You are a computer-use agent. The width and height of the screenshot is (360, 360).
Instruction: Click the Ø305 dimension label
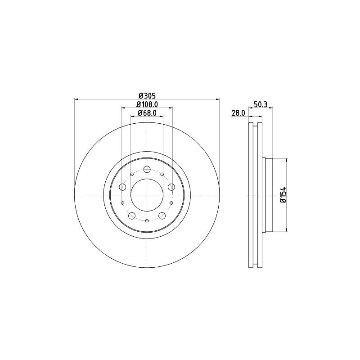pos(147,95)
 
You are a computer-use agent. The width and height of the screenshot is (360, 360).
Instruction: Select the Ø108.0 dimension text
pos(147,104)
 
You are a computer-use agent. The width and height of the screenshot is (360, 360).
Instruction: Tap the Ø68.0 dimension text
pos(147,112)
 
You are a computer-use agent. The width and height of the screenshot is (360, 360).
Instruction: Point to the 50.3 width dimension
pos(261,104)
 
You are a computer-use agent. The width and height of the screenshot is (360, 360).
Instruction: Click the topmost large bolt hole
pos(147,169)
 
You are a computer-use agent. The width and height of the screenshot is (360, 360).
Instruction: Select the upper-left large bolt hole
pos(123,187)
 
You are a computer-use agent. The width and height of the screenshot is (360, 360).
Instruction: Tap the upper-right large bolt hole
pos(171,187)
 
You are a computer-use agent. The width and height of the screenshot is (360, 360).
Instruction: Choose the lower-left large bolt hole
pos(132,216)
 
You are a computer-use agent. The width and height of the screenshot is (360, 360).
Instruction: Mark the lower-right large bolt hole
pos(162,216)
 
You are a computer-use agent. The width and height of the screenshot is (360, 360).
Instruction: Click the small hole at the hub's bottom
pos(147,220)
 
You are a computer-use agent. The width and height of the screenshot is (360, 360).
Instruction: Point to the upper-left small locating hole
pos(132,174)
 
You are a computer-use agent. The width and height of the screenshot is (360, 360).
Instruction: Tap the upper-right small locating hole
pos(162,174)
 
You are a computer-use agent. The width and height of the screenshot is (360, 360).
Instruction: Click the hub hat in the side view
pos(268,195)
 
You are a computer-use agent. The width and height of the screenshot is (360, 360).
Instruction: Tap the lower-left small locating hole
pos(122,203)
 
